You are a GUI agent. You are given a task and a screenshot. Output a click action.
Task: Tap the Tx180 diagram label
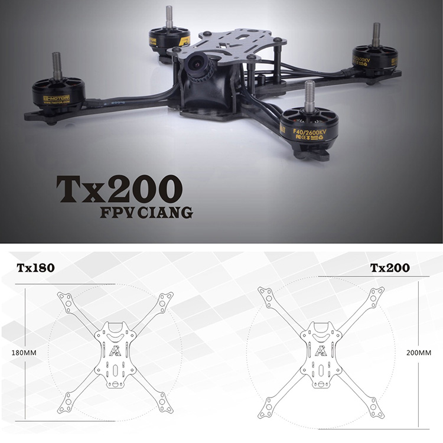pyautogui.click(x=35, y=268)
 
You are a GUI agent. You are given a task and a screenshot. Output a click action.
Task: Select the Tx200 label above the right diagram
pyautogui.click(x=390, y=268)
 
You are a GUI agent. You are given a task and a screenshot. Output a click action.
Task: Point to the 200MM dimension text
pyautogui.click(x=419, y=353)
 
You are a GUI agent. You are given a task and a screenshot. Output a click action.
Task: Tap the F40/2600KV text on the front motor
pyautogui.click(x=306, y=125)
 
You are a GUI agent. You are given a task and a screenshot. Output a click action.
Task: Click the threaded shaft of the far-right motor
pyautogui.click(x=376, y=34)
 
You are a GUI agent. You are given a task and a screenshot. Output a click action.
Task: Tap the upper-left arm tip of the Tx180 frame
pyautogui.click(x=63, y=298)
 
